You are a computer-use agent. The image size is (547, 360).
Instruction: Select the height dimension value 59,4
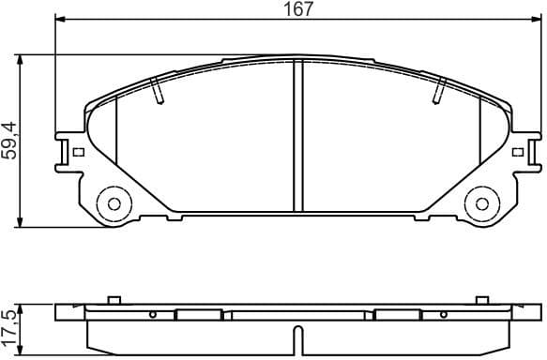pyautogui.click(x=10, y=141)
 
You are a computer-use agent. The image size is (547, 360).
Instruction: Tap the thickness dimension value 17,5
pyautogui.click(x=10, y=323)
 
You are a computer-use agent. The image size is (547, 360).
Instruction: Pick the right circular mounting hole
pyautogui.click(x=480, y=202)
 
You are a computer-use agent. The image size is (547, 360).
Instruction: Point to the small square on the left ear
pyautogui.click(x=79, y=152)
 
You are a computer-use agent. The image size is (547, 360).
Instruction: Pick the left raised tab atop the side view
pyautogui.click(x=114, y=301)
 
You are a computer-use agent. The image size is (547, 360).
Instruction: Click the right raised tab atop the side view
pyautogui.click(x=481, y=301)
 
